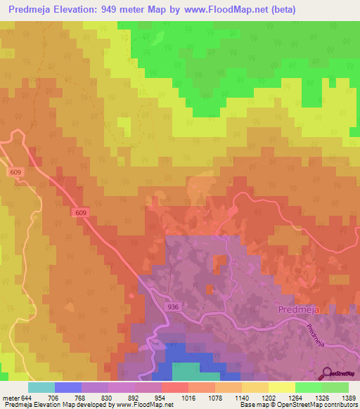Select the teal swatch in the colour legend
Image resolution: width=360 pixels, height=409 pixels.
tap(41, 387)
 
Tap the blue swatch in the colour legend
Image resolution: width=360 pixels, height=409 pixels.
tap(68, 387)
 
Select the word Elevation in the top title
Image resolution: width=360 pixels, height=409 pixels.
tap(73, 10)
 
